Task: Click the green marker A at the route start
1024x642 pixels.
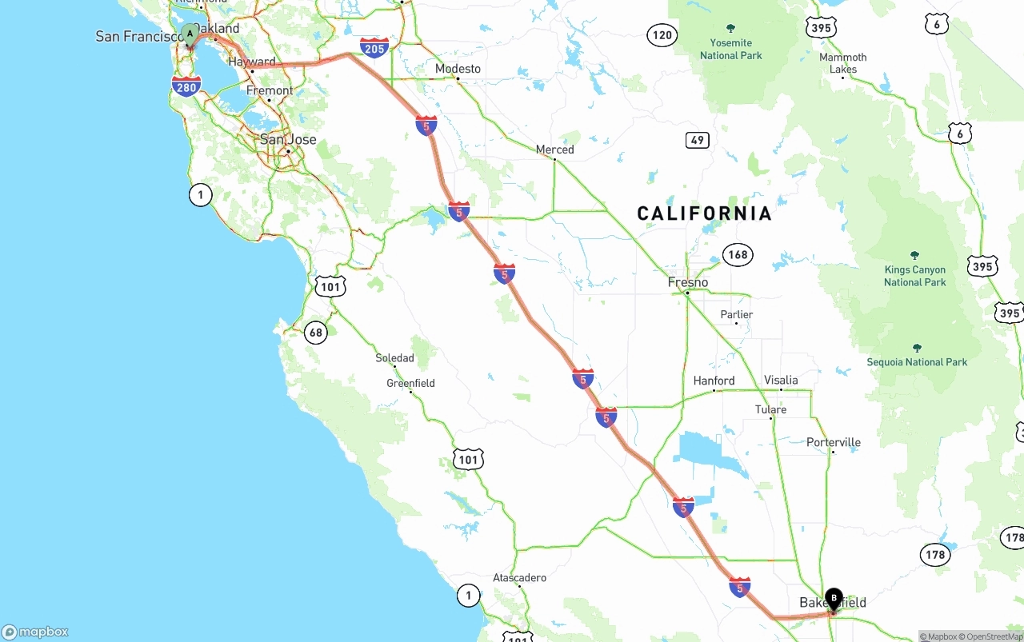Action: pyautogui.click(x=190, y=34)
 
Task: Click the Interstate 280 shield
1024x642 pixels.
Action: pyautogui.click(x=186, y=86)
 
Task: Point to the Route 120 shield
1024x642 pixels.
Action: pyautogui.click(x=662, y=35)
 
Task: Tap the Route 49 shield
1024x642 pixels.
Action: pyautogui.click(x=698, y=140)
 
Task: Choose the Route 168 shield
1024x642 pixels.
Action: pyautogui.click(x=738, y=255)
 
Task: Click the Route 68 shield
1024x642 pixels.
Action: pyautogui.click(x=316, y=333)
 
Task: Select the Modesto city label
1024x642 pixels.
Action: pyautogui.click(x=458, y=69)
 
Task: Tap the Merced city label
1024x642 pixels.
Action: pyautogui.click(x=554, y=150)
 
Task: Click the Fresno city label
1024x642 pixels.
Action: pyautogui.click(x=688, y=282)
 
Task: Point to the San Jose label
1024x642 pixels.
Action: pyautogui.click(x=288, y=139)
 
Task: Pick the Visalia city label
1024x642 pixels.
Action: pyautogui.click(x=781, y=380)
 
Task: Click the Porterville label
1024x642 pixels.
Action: pyautogui.click(x=834, y=442)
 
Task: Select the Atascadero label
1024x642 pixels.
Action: pyautogui.click(x=519, y=577)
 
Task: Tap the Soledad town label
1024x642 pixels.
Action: pyautogui.click(x=395, y=357)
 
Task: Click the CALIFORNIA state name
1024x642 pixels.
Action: pyautogui.click(x=704, y=213)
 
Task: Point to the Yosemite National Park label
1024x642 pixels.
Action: pyautogui.click(x=731, y=49)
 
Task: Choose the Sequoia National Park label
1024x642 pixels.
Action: pyautogui.click(x=917, y=362)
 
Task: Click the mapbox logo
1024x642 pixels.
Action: pyautogui.click(x=35, y=632)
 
